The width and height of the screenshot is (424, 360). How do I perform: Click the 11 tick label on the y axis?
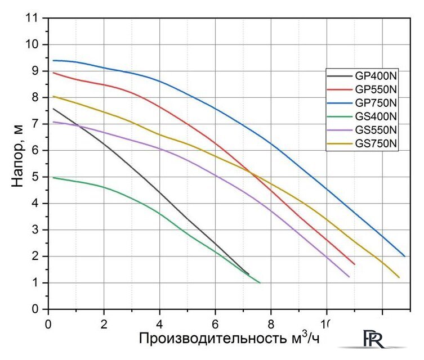34,17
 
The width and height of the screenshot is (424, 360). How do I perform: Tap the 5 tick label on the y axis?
37,177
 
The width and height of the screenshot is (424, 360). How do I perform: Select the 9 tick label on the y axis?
37,71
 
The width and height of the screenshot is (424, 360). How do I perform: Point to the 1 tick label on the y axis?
37,283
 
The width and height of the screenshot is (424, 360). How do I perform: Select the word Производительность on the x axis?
212,339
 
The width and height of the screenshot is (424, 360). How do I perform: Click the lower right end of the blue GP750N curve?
404,256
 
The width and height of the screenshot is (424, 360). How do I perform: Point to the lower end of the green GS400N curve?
260,282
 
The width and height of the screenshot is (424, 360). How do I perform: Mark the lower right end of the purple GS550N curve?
349,277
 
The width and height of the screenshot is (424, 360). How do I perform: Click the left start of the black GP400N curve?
53,109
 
